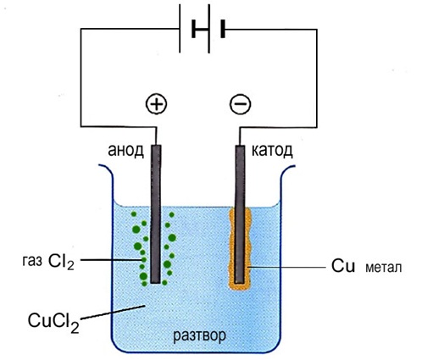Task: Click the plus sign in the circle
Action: [x=156, y=103]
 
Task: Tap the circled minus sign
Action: [x=240, y=103]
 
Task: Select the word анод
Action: [x=125, y=151]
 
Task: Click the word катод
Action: [x=272, y=151]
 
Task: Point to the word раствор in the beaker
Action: [x=199, y=336]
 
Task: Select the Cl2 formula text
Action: [x=61, y=262]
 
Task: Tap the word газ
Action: [x=32, y=261]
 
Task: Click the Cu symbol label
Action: [x=343, y=266]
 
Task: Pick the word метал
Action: [x=383, y=268]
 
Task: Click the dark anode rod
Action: [x=156, y=214]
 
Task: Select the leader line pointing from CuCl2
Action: [x=113, y=313]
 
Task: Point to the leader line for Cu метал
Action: [x=286, y=267]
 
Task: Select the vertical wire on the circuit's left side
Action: [x=81, y=78]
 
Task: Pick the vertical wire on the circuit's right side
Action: [x=317, y=78]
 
